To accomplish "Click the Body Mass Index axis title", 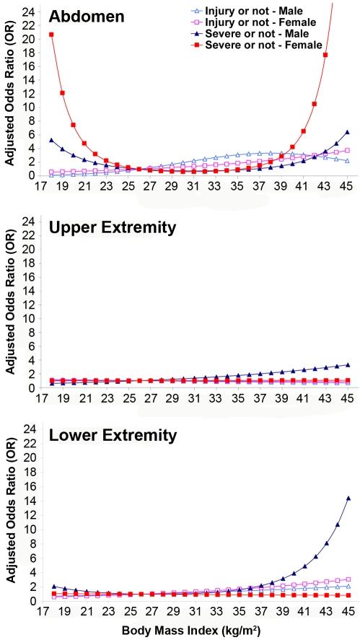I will (x=188, y=631).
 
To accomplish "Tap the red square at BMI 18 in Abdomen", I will (x=51, y=35).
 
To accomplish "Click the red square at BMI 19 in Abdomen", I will (x=62, y=93).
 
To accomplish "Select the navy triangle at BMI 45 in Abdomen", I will (x=348, y=132).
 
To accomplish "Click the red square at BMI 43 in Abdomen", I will (x=326, y=55).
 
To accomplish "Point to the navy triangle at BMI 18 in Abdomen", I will (x=51, y=140).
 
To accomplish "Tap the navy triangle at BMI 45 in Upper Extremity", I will (x=348, y=364).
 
